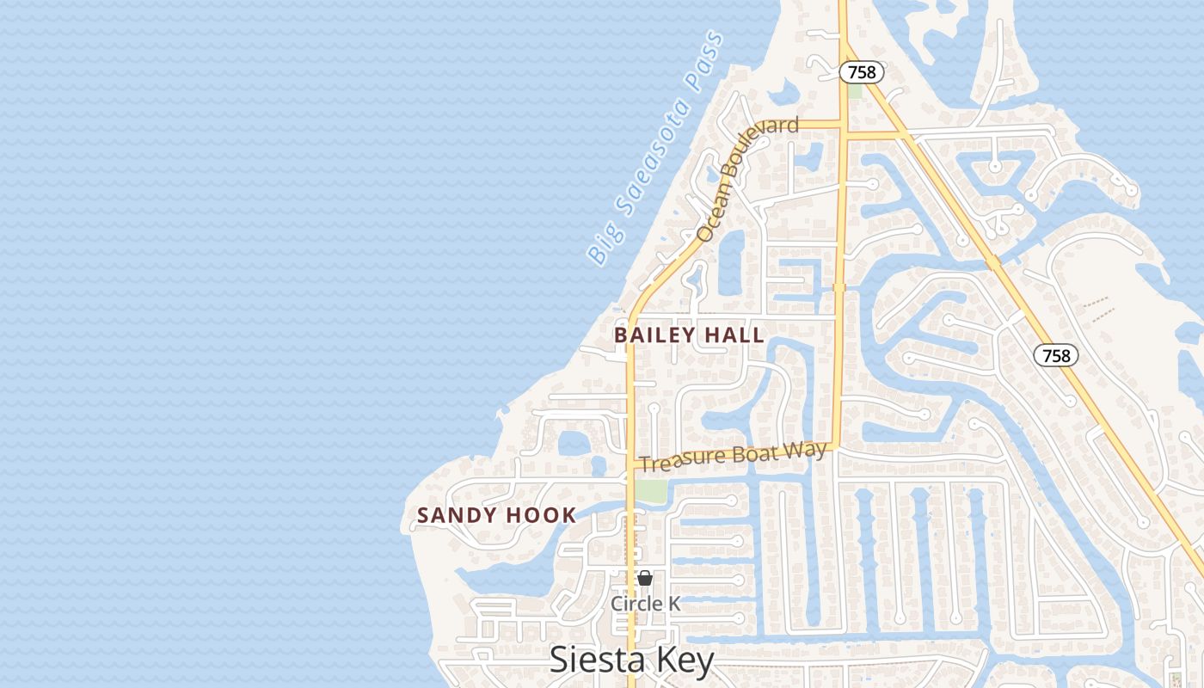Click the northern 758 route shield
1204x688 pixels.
tap(862, 72)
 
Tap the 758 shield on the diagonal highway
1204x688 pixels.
tap(1056, 354)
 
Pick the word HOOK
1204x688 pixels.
tap(540, 516)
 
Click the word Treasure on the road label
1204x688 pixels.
tap(680, 460)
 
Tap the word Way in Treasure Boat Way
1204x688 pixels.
tap(809, 450)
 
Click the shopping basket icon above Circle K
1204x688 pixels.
tap(644, 579)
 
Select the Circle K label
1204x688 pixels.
tap(645, 604)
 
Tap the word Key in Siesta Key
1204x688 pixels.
tap(683, 660)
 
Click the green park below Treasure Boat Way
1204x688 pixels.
tap(651, 491)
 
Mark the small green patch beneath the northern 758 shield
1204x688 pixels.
tap(854, 90)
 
